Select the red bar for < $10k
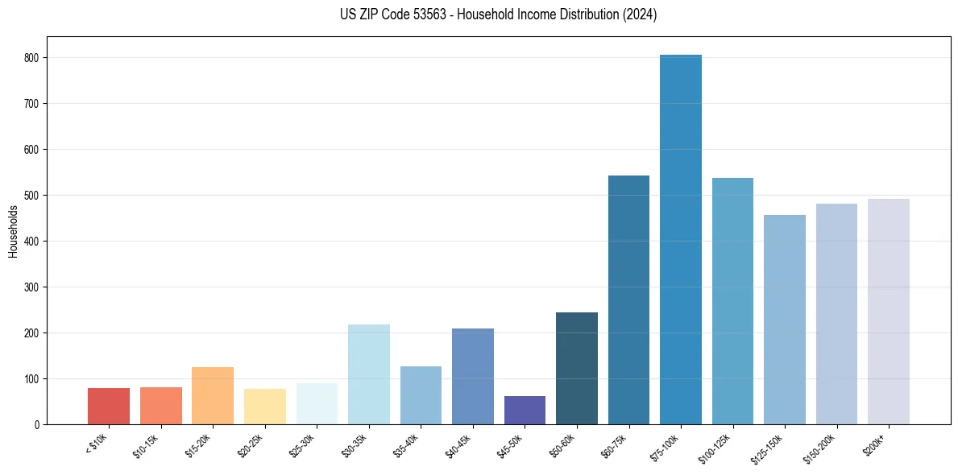coord(109,407)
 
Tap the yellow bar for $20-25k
coord(265,407)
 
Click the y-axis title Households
coord(13,231)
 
